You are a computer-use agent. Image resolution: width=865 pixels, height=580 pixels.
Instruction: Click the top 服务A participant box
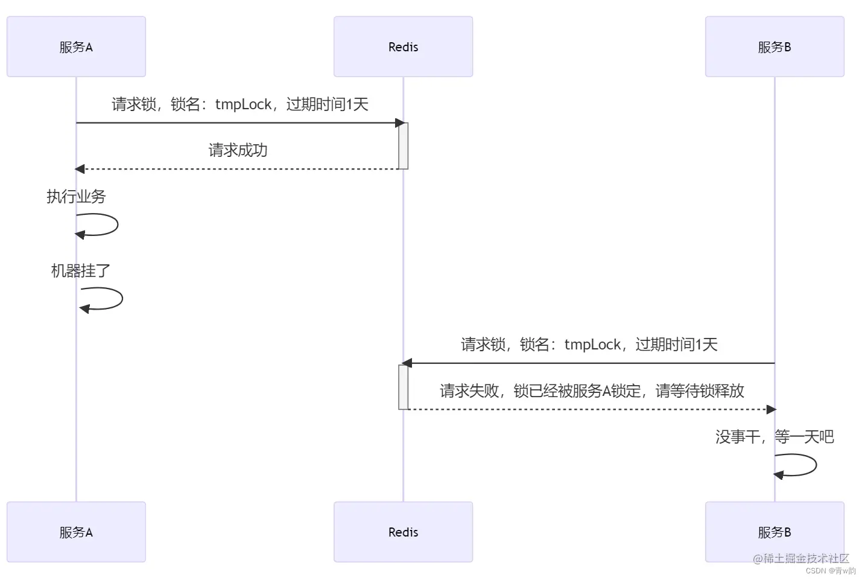tap(76, 46)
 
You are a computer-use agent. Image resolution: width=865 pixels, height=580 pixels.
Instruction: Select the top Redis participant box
tap(403, 46)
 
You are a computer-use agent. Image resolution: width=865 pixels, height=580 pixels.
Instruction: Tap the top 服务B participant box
tap(775, 46)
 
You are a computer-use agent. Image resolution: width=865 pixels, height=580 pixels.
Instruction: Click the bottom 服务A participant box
tap(76, 532)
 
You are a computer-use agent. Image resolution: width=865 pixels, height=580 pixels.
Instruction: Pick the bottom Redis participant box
tap(403, 532)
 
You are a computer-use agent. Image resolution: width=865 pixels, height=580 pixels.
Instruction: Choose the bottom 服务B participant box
tap(775, 532)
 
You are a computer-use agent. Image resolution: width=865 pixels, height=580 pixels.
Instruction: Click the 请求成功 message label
tap(238, 150)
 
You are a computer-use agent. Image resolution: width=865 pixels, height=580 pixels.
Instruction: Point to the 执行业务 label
tap(76, 196)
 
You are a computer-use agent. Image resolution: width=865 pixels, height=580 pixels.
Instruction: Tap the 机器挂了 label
tap(80, 270)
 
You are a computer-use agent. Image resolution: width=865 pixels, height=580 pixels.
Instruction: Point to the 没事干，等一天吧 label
tap(775, 436)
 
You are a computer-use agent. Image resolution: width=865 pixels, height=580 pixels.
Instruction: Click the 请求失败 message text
tap(591, 391)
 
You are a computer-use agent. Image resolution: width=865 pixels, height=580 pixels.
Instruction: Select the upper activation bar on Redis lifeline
tap(404, 146)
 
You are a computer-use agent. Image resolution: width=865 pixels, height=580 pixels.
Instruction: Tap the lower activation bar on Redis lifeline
tap(404, 387)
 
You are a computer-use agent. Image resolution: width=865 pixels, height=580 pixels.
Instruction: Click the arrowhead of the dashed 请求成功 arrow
tap(80, 169)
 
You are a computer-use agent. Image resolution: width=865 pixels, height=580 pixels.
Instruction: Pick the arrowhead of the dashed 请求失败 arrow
tap(771, 409)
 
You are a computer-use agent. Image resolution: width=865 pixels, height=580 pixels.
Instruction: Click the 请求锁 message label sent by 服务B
tap(589, 345)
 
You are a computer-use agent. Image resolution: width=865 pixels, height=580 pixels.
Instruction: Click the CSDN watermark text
tap(830, 570)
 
